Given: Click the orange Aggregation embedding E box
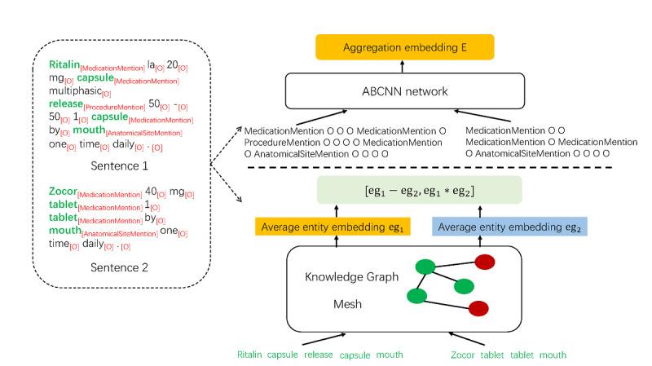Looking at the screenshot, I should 415,47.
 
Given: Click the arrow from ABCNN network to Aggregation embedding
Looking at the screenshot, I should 415,67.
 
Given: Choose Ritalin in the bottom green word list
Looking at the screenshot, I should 253,355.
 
